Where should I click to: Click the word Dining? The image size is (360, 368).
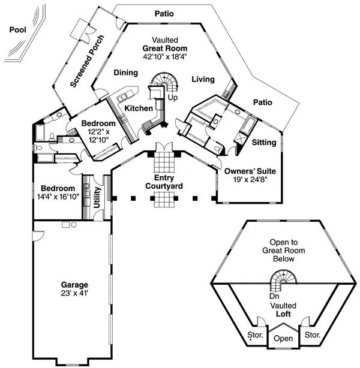125,73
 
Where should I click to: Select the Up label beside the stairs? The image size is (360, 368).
173,97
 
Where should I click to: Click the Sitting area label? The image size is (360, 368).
264,143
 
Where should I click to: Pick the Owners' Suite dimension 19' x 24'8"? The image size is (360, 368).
247,178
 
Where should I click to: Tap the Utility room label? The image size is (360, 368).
97,197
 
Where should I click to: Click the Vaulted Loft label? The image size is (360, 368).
283,309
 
